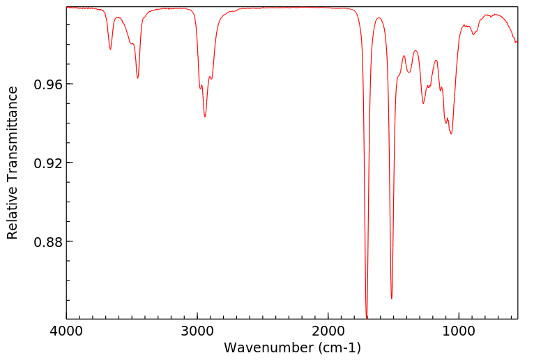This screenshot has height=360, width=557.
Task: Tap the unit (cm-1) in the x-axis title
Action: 337,347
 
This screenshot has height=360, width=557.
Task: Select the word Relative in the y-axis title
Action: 13,217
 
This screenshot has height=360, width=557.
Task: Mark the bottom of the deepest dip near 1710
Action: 367,317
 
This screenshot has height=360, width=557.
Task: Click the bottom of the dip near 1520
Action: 392,299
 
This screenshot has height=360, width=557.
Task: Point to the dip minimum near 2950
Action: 205,117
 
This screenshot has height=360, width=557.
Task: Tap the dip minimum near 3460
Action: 138,78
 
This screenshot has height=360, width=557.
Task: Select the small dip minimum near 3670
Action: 110,50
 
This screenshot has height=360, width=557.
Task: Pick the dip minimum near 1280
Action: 423,104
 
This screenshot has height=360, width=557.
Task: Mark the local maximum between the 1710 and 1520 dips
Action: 379,18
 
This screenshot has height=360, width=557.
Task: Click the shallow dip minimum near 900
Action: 473,34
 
